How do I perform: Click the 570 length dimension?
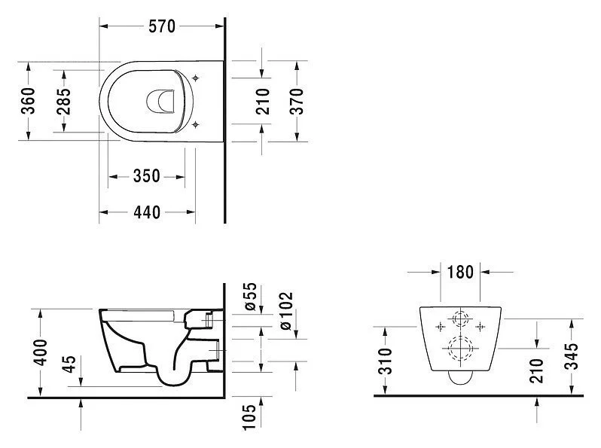162,26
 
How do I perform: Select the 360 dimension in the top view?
28,101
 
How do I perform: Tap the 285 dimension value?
63,102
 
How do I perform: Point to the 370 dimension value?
297,101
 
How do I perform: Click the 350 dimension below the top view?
146,176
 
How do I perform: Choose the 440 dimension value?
147,212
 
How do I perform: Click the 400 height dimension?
40,352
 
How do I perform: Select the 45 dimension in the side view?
69,364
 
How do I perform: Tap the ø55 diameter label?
250,297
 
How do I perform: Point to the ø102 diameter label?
286,311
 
